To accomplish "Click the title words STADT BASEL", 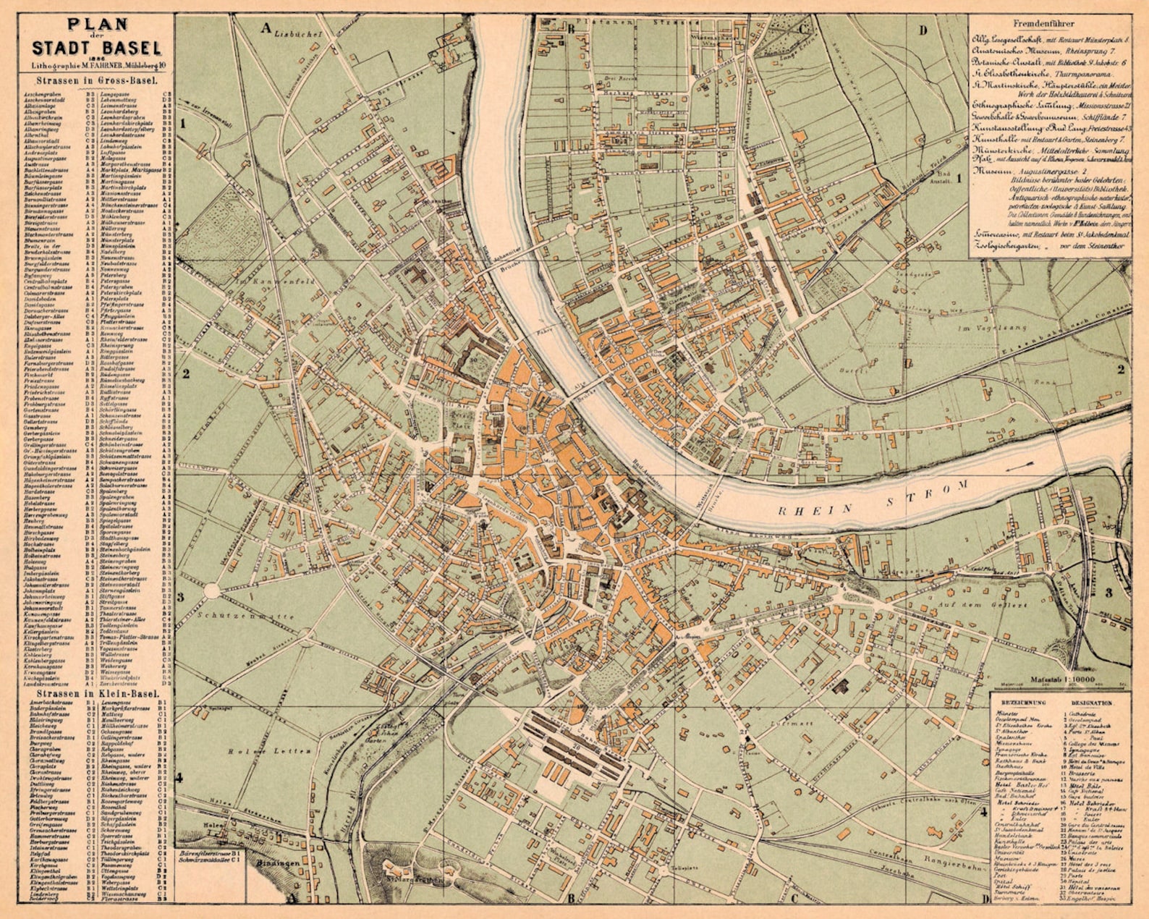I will click(96, 48).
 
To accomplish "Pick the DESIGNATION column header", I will click(1092, 703).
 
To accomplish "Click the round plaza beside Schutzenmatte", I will click(211, 590).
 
